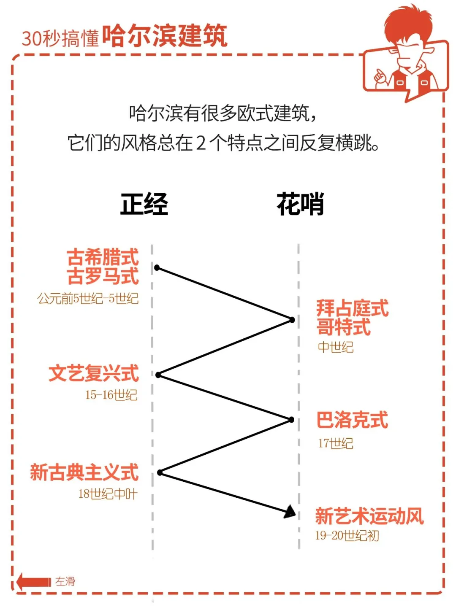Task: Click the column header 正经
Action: [144, 204]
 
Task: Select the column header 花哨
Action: [300, 204]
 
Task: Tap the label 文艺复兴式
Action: [94, 374]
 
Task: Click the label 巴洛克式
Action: [352, 420]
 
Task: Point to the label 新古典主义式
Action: [84, 472]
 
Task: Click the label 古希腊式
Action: [103, 257]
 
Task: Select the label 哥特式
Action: [344, 327]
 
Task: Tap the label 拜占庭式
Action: [352, 308]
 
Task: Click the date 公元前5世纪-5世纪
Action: [88, 299]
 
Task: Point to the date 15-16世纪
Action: [111, 395]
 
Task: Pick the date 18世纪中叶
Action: [108, 494]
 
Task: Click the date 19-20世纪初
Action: [347, 536]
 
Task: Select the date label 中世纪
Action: [335, 347]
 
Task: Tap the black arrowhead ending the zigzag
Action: [290, 512]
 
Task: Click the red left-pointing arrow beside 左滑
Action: [33, 582]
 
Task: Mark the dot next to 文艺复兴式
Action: [158, 375]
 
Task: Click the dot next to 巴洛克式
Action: [291, 420]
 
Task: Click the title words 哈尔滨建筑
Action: [165, 36]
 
